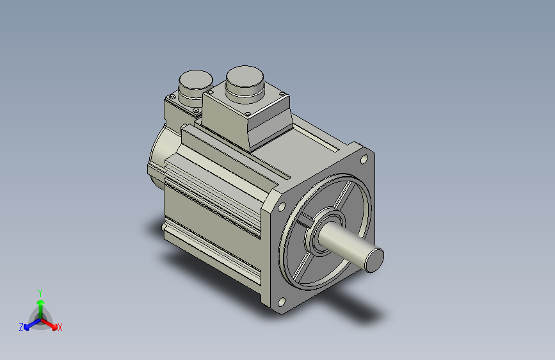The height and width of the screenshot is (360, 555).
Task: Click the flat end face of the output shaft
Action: point(374,260)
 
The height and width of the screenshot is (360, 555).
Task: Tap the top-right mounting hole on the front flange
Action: point(364,160)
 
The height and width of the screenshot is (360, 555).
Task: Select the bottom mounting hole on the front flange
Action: point(282,302)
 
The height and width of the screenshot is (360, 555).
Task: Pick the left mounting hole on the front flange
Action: point(282,206)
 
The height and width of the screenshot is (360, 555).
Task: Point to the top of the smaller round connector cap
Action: point(196,79)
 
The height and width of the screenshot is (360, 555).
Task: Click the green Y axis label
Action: point(40,293)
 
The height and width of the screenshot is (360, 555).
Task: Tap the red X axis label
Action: point(60,327)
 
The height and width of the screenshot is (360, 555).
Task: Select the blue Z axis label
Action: point(21,327)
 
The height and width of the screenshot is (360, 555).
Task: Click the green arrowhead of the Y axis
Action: point(41,302)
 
